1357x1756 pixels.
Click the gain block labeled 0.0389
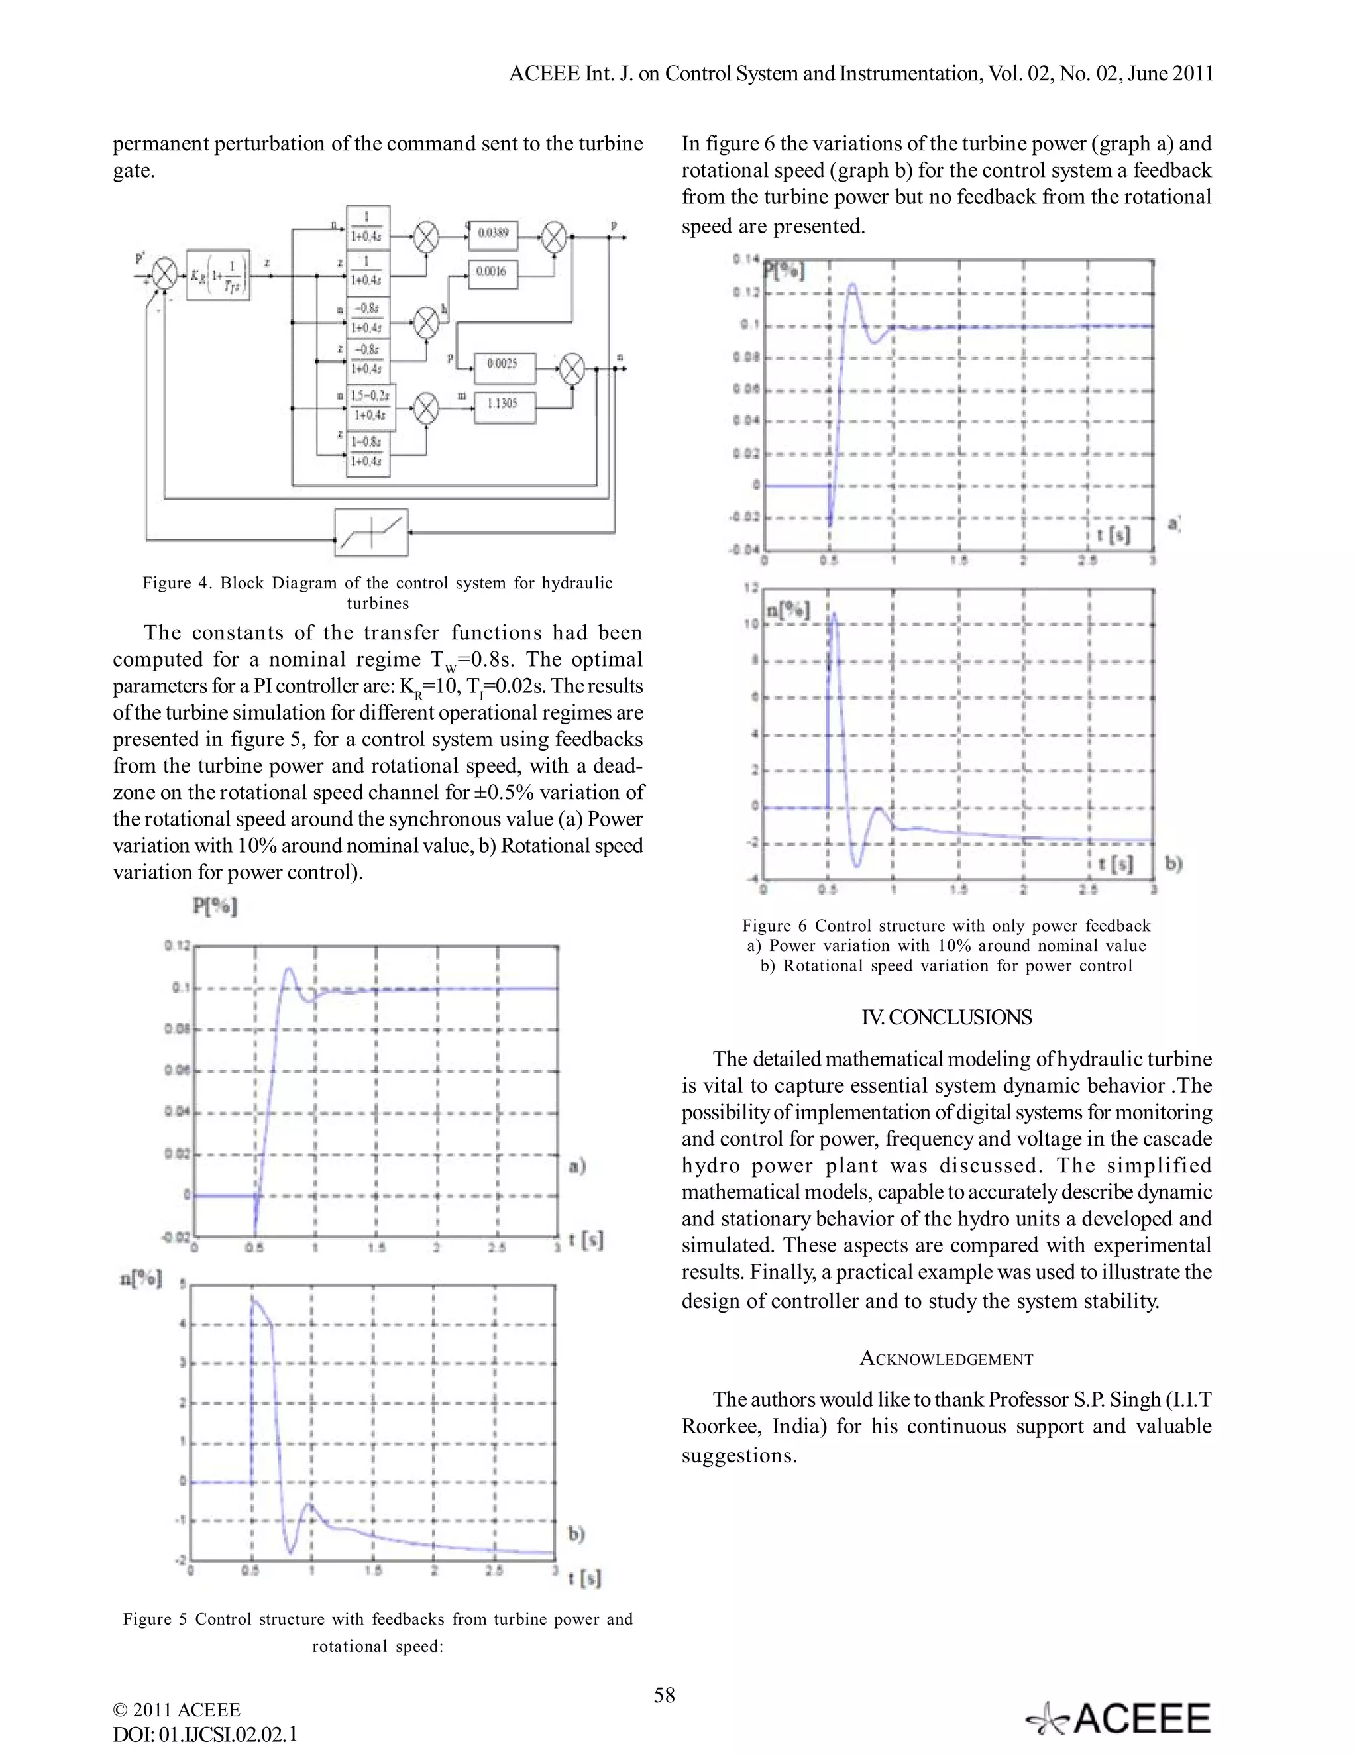(x=493, y=234)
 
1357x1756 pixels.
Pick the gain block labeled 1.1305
(x=502, y=404)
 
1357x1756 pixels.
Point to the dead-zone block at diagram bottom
(x=372, y=531)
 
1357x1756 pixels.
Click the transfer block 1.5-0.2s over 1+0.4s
(x=368, y=406)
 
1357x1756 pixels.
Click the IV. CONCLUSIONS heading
(x=946, y=1017)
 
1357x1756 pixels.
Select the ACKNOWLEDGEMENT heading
(x=946, y=1359)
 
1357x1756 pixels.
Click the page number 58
(x=664, y=1696)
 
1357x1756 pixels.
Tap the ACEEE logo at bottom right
(x=1119, y=1720)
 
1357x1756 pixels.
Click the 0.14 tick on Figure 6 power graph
(x=745, y=259)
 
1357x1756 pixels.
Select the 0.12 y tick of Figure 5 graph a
(x=177, y=945)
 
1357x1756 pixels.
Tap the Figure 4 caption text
(x=377, y=593)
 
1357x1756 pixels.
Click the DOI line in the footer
(x=205, y=1734)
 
